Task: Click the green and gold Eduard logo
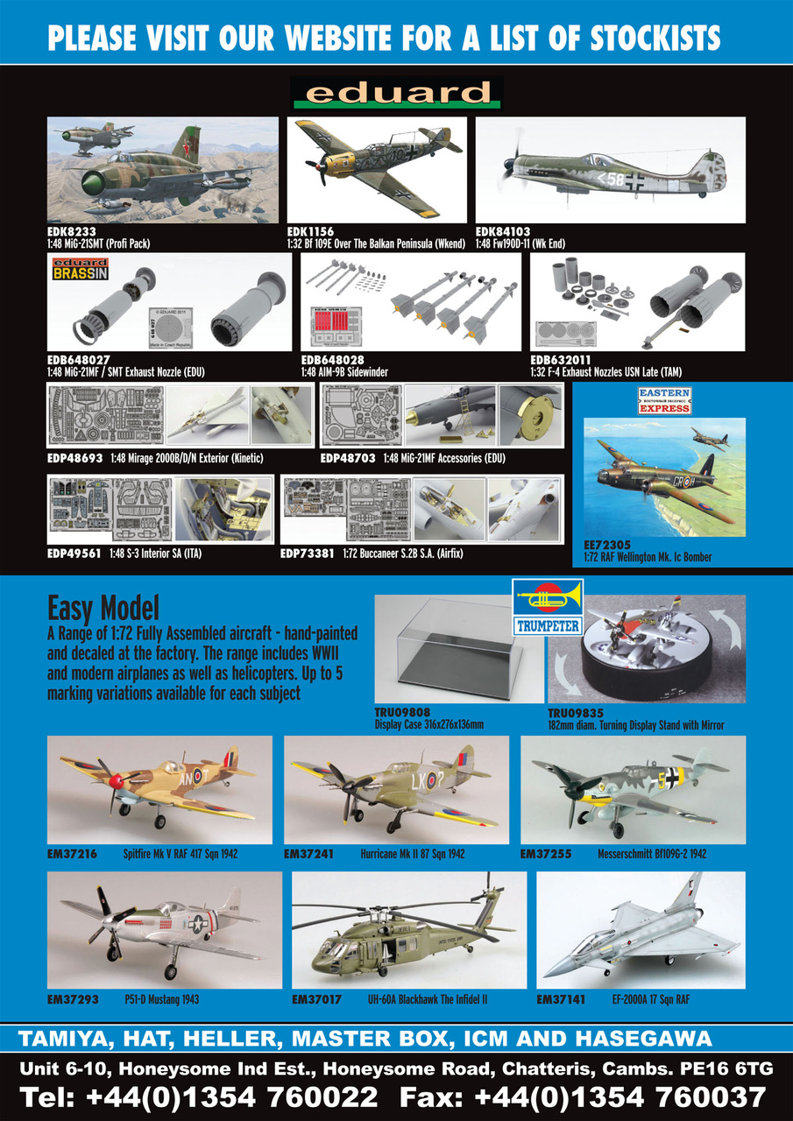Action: coord(396,93)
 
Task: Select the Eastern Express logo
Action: coord(663,401)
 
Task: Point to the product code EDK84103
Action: coord(503,232)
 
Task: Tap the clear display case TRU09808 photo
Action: coord(456,648)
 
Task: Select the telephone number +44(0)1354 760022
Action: coord(233,1096)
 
